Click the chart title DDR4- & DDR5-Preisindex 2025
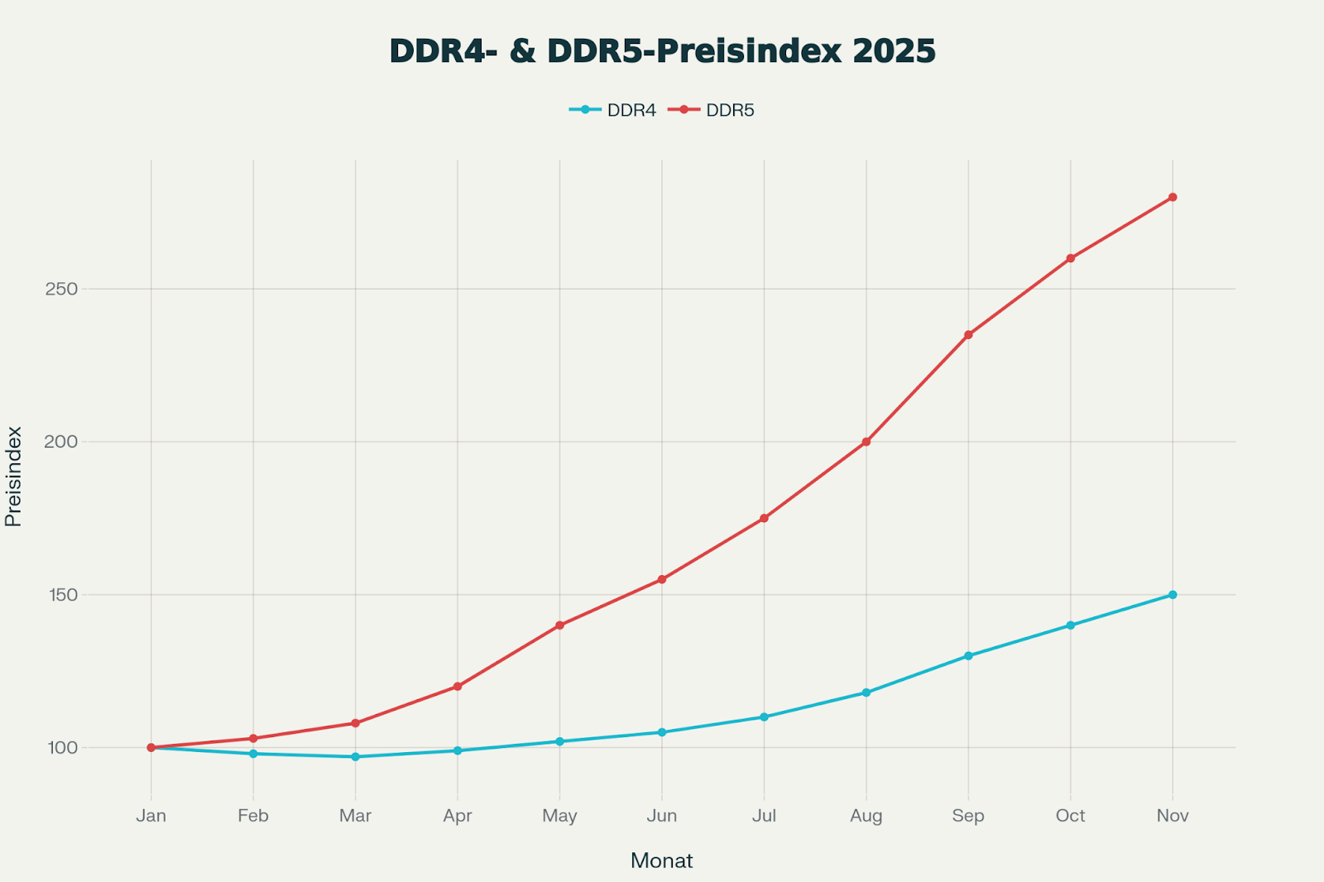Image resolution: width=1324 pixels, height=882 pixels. [662, 51]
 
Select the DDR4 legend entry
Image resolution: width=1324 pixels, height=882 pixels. [613, 110]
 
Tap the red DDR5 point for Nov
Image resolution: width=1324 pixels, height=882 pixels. [1173, 197]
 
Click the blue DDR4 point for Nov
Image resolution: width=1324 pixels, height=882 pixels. [1173, 595]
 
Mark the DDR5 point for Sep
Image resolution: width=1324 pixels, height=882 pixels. [968, 335]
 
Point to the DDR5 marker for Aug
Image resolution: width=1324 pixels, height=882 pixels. [866, 442]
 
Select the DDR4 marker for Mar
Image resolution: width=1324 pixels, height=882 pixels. [356, 756]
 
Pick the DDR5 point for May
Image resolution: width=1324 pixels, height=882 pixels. [559, 626]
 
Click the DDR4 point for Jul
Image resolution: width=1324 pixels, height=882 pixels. [764, 717]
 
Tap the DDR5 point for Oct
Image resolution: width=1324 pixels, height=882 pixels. [1070, 258]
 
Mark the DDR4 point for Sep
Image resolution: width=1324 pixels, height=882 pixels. [968, 656]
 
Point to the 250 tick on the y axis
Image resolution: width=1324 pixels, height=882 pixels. [61, 289]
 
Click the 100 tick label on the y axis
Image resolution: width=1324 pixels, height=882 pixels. [61, 748]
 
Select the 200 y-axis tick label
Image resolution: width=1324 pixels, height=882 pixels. [61, 442]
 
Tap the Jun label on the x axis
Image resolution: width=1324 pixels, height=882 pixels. [662, 816]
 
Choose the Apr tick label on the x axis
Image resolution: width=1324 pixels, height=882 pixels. [458, 816]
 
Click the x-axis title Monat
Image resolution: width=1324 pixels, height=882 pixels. [661, 860]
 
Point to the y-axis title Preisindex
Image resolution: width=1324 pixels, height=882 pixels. [13, 476]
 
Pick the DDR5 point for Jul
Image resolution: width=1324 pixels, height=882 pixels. [764, 518]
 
